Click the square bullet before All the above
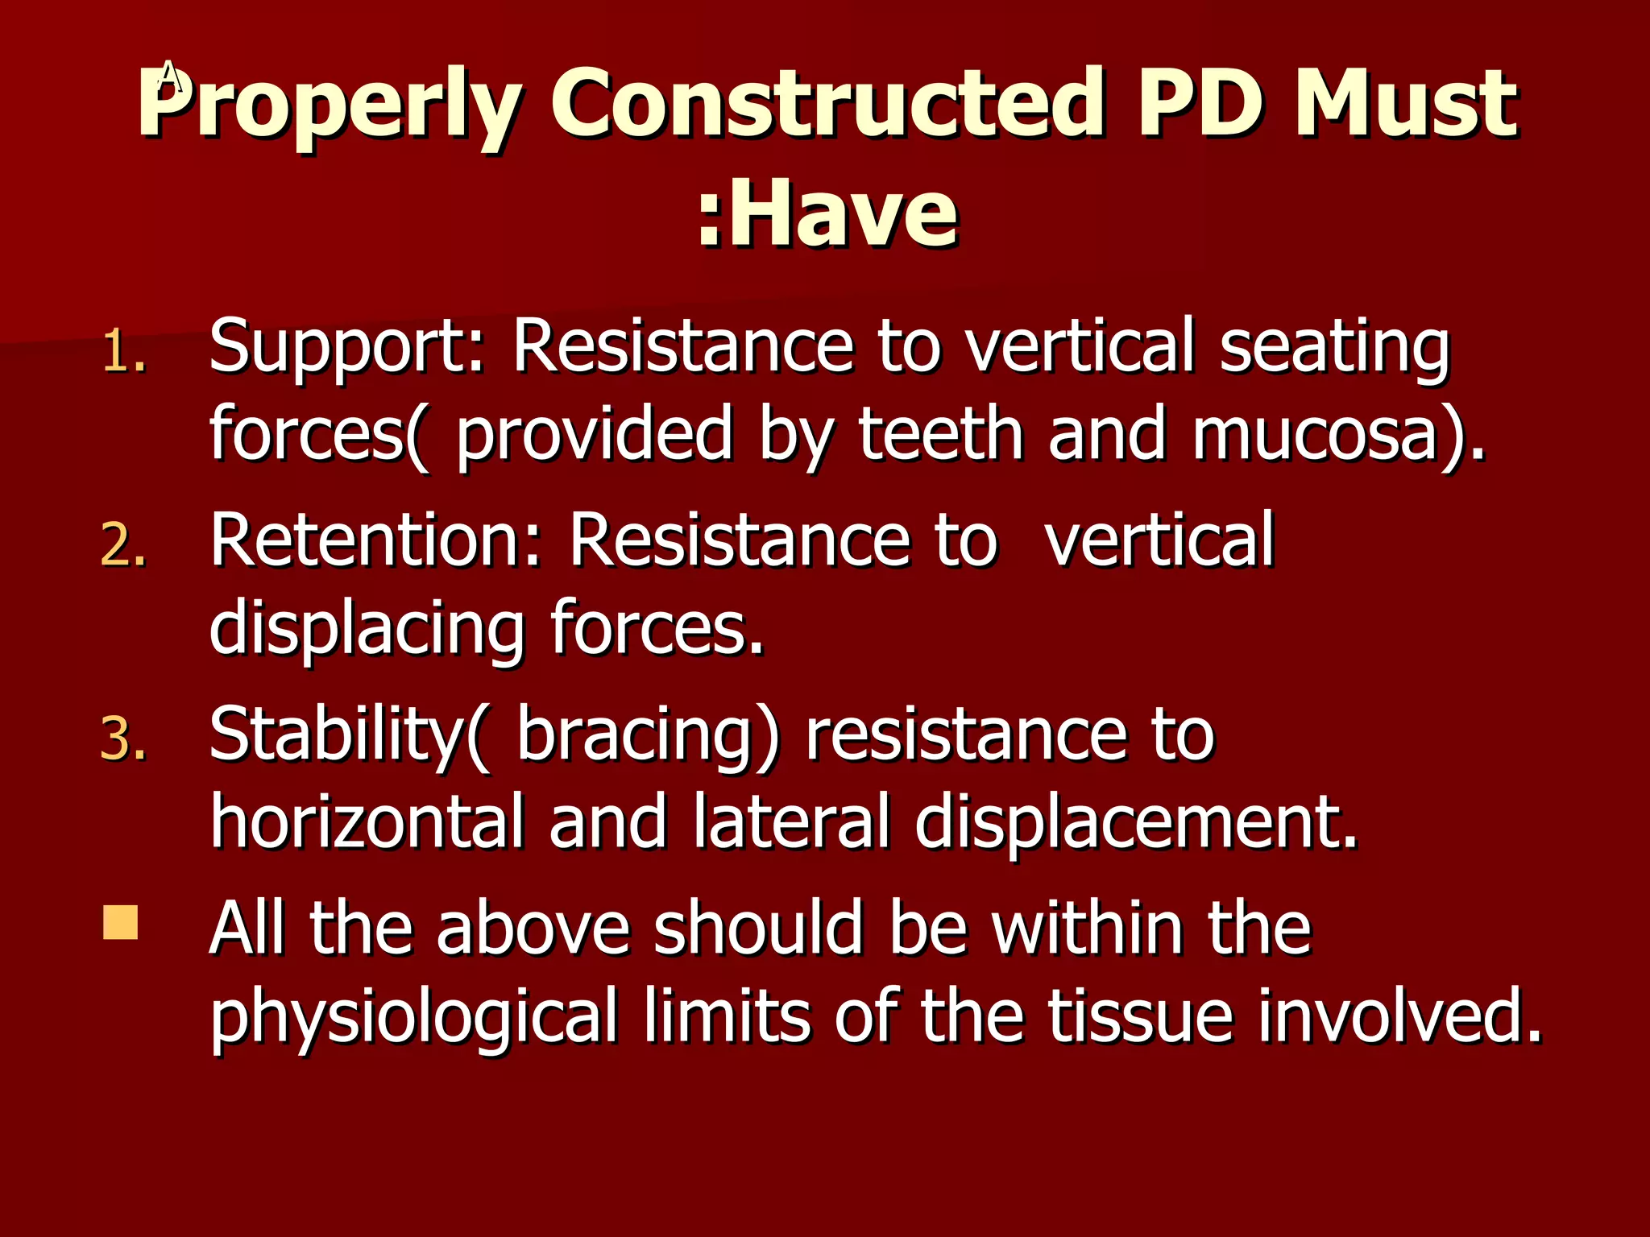click(121, 923)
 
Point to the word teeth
click(941, 435)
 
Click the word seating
click(1334, 348)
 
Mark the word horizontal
click(367, 821)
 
